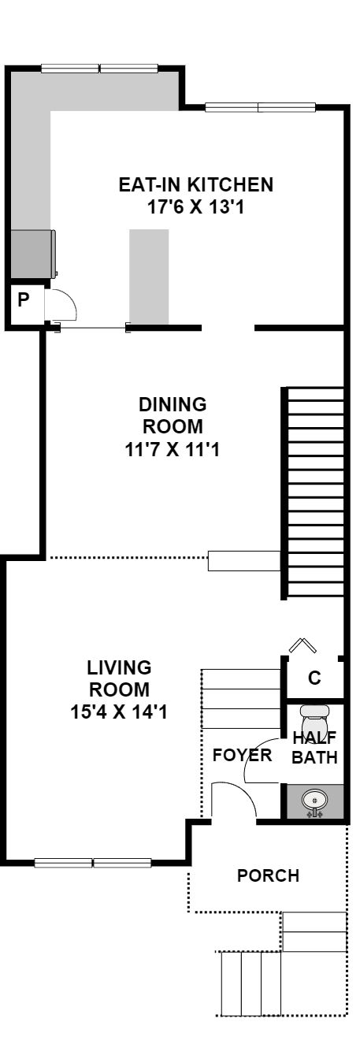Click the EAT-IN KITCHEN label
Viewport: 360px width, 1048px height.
(196, 184)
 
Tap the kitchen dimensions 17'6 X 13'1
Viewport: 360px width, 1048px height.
(196, 206)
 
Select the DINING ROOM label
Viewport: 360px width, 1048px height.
(173, 415)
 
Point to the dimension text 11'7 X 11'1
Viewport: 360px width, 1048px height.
(172, 450)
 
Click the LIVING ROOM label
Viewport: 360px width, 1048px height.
(119, 678)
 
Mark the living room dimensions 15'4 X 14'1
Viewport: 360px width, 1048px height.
(119, 712)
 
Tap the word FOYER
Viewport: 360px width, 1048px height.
(242, 755)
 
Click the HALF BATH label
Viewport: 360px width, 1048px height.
(314, 747)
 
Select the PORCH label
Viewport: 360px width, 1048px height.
(268, 875)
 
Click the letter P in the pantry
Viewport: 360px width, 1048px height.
(24, 299)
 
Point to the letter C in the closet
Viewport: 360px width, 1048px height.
(314, 678)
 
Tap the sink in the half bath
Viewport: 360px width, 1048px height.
(314, 801)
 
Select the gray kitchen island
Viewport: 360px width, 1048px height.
(149, 277)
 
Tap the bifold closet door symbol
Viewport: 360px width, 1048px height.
(302, 645)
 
